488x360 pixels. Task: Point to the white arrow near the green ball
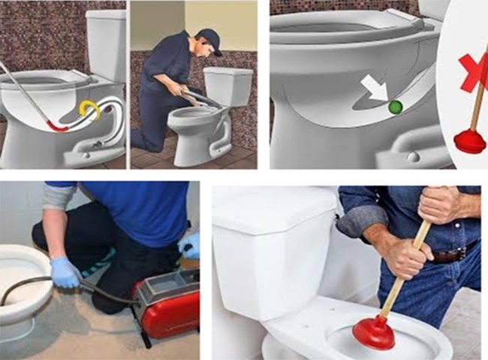(375, 88)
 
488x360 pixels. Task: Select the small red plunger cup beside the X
(470, 141)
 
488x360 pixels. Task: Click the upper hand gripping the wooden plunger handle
(439, 204)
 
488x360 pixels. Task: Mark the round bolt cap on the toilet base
(411, 156)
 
